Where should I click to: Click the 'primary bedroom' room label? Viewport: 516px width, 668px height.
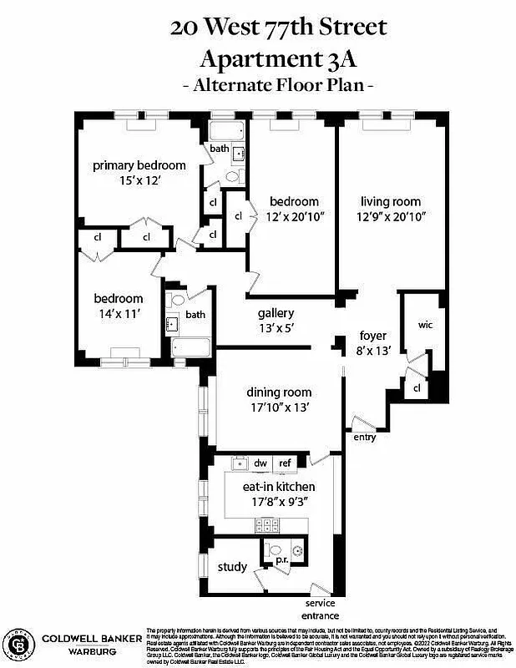coord(139,165)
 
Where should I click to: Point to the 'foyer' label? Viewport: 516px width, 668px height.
coord(372,336)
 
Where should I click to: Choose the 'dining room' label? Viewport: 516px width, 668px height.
coord(279,392)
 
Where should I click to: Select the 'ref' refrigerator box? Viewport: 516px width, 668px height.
coord(284,463)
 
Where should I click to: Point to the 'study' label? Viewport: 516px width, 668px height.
coord(232,568)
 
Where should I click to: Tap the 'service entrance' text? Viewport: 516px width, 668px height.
coord(320,609)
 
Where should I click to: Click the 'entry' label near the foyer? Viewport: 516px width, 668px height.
coord(365,437)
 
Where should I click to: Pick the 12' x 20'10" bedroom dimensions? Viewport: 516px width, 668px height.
coord(294,217)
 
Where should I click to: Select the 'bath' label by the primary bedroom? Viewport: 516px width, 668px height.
coord(220,149)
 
